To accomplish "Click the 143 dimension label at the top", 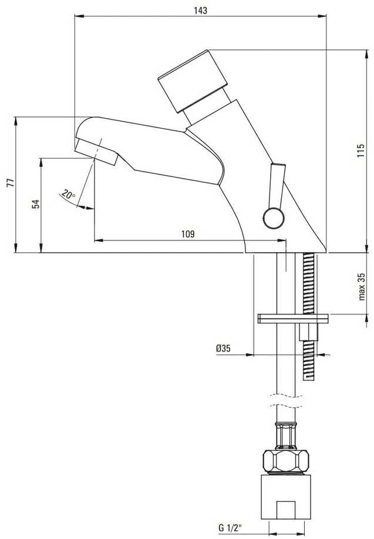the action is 201,11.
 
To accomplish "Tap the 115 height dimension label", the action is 360,150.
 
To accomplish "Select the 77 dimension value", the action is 11,183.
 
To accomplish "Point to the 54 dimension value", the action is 36,204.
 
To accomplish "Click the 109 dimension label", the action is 188,234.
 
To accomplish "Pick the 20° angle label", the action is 68,195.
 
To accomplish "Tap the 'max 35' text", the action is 362,287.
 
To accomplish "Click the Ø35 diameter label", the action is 223,349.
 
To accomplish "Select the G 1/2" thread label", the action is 230,528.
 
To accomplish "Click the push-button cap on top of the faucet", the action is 193,81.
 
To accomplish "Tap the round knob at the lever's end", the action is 274,218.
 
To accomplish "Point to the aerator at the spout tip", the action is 96,152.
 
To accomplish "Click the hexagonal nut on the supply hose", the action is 286,461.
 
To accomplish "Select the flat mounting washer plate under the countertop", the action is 293,319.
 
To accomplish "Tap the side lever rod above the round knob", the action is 277,186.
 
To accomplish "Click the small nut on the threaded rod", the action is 309,332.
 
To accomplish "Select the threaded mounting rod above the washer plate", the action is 308,283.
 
